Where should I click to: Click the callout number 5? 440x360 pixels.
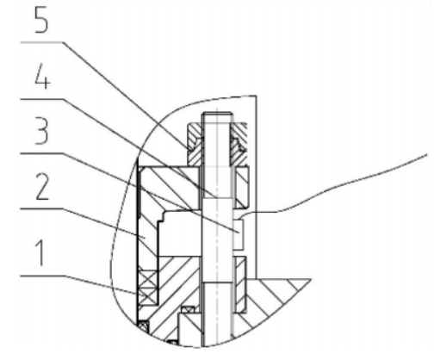tap(41, 20)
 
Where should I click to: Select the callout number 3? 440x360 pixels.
tap(41, 132)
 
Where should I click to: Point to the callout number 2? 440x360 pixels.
tap(42, 187)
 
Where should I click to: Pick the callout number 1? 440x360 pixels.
tap(41, 254)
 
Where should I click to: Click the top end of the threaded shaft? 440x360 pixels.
tap(217, 113)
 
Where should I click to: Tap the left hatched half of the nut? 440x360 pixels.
tap(195, 144)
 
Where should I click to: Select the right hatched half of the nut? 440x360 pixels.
tap(239, 144)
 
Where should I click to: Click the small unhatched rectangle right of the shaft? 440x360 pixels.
tap(238, 234)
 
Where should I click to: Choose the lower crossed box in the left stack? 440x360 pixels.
tap(148, 296)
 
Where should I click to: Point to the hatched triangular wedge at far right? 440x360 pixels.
tap(276, 299)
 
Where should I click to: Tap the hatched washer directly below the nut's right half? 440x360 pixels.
tap(242, 187)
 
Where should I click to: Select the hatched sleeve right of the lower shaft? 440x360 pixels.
tap(240, 284)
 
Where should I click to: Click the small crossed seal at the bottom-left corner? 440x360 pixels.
tap(143, 326)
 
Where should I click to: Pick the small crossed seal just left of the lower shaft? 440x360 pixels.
tap(188, 310)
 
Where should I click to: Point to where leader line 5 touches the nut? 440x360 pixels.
tap(187, 149)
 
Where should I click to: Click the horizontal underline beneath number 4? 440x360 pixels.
tap(41, 99)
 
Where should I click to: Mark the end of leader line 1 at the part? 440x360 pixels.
tap(137, 294)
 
